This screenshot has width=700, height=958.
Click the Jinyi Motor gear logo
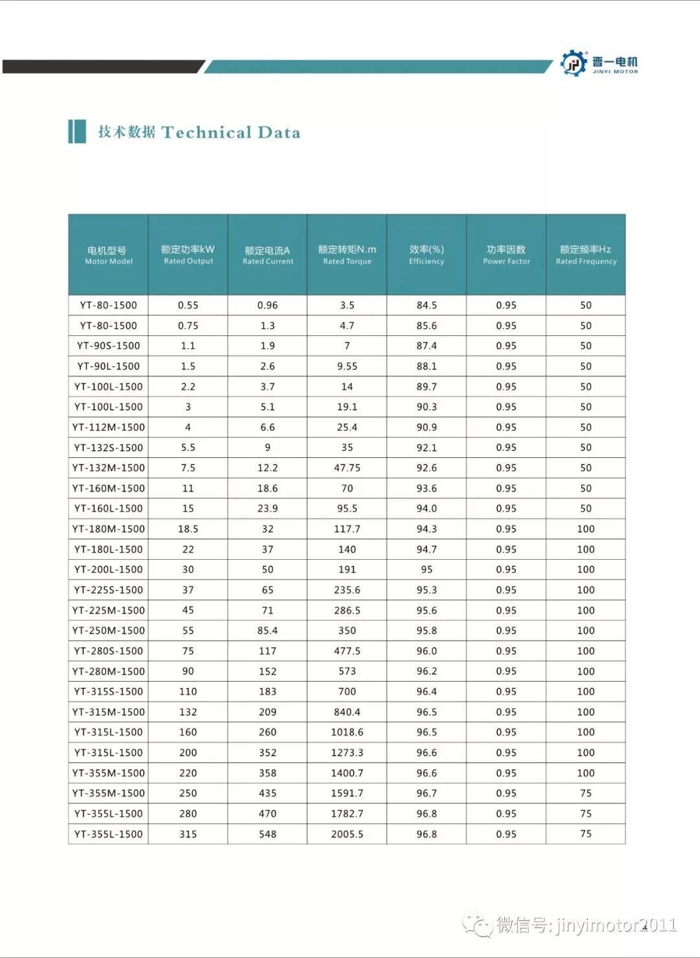click(573, 63)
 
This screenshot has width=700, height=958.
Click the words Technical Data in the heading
click(231, 132)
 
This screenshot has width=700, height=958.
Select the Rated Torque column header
click(347, 255)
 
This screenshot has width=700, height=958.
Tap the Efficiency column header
click(426, 255)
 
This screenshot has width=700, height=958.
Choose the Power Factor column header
click(506, 255)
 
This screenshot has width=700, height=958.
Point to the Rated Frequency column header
click(586, 255)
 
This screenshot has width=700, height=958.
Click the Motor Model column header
click(108, 255)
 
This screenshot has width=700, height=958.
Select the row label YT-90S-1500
click(108, 346)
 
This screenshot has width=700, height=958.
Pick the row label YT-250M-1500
click(108, 630)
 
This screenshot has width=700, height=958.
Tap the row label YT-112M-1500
click(108, 427)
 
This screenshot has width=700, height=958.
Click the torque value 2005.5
click(347, 834)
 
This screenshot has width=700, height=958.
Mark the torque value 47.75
click(347, 468)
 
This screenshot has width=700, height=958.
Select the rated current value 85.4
click(268, 630)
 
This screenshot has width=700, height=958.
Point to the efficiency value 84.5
click(426, 305)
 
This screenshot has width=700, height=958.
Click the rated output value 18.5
click(188, 529)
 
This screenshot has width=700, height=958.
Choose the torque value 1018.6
click(347, 732)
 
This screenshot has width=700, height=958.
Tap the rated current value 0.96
click(268, 305)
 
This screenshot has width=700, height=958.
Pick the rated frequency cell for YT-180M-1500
click(586, 529)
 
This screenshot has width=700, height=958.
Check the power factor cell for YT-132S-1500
click(506, 448)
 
